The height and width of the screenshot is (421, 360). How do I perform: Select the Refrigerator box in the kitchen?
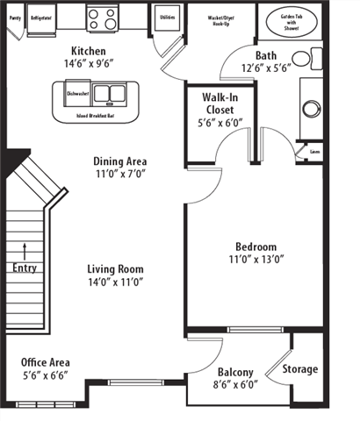click(40, 18)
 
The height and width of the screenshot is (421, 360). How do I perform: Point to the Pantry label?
click(13, 17)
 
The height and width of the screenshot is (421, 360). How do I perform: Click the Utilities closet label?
click(168, 17)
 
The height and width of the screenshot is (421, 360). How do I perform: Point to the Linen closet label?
click(315, 152)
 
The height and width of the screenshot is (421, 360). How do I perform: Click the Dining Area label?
click(120, 161)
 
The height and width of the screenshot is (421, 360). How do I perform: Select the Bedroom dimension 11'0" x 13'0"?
click(256, 260)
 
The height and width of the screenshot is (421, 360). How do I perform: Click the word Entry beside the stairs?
click(25, 268)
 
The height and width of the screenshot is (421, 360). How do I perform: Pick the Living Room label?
click(115, 269)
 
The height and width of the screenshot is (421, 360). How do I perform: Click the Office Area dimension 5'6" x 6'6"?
click(45, 375)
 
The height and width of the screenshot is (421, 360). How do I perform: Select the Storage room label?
click(300, 369)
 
